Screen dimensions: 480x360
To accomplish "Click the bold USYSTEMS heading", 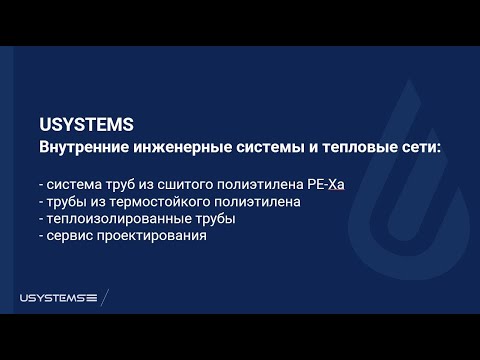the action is pyautogui.click(x=86, y=124).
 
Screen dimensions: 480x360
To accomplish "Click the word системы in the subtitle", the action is pyautogui.click(x=270, y=147).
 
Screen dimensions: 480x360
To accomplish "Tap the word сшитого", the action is pyautogui.click(x=185, y=185).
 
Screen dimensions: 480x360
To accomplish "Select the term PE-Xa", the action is pyautogui.click(x=326, y=184).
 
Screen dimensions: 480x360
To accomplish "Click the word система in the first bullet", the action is pyautogui.click(x=74, y=185).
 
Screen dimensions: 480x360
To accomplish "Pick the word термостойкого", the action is pyautogui.click(x=160, y=202).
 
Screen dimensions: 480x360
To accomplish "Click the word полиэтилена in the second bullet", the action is pyautogui.click(x=257, y=202).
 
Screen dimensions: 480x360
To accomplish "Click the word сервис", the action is pyautogui.click(x=70, y=236).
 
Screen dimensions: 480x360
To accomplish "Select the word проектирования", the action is pyautogui.click(x=152, y=236).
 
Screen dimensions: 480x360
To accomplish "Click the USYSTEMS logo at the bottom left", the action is pyautogui.click(x=58, y=298).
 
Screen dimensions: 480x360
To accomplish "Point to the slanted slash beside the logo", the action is pyautogui.click(x=105, y=297).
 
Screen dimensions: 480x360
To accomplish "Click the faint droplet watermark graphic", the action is pyautogui.click(x=409, y=180).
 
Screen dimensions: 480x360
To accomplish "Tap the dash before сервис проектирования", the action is pyautogui.click(x=41, y=237).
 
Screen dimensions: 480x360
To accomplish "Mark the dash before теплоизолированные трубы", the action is pyautogui.click(x=41, y=220).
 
